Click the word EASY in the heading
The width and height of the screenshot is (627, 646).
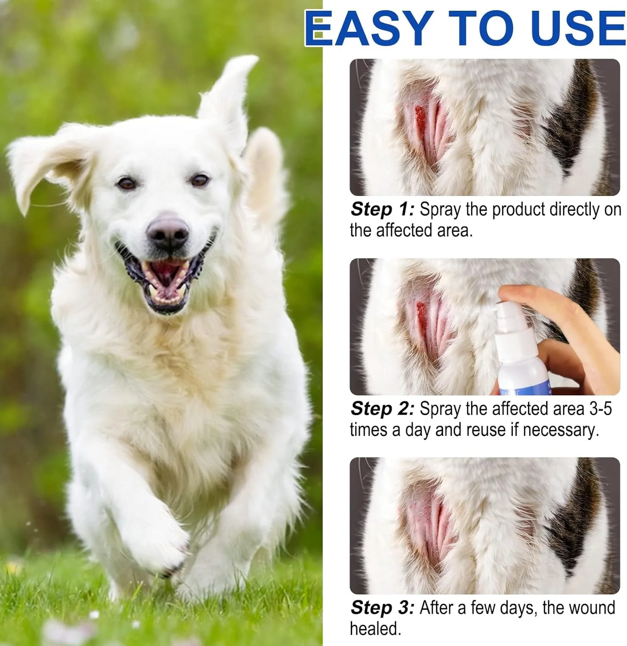pos(369,28)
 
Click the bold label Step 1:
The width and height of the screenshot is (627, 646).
pos(382,209)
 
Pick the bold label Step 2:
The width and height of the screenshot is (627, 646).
pos(382,409)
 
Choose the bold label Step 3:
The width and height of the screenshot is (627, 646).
pos(382,608)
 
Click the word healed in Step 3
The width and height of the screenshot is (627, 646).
pos(375,629)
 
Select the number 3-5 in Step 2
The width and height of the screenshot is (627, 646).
pos(600,409)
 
